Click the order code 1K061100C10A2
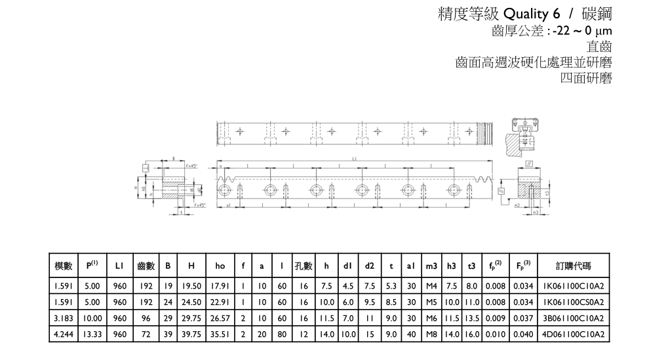[x=572, y=286]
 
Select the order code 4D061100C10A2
[x=572, y=335]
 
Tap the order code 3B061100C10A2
[x=572, y=319]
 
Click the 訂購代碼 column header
[x=572, y=266]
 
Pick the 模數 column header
[x=63, y=266]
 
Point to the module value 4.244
[x=63, y=335]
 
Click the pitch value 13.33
[x=92, y=335]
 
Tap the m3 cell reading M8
[x=431, y=335]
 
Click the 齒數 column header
[x=146, y=266]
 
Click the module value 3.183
[x=63, y=319]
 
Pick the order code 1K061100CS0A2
[x=572, y=302]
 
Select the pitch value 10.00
[x=92, y=319]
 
